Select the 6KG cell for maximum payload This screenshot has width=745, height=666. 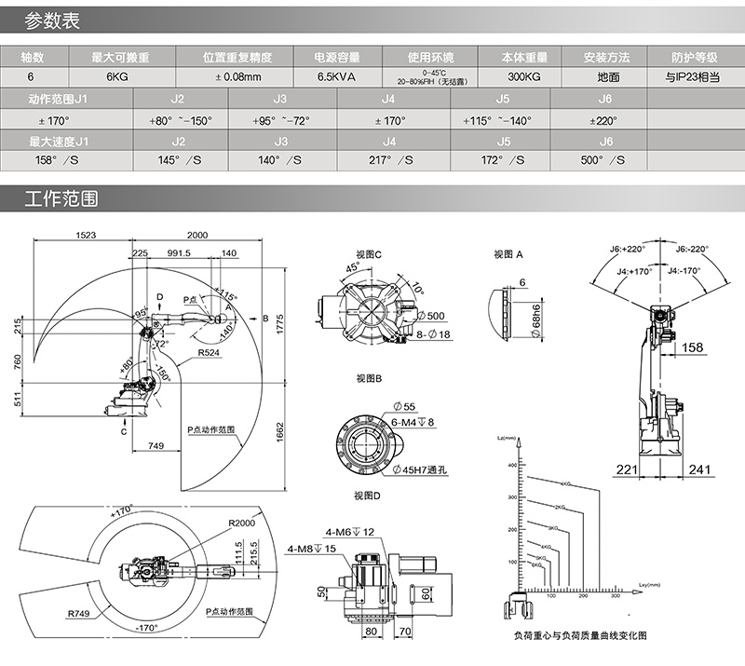coord(117,77)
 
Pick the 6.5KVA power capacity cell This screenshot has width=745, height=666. coord(337,77)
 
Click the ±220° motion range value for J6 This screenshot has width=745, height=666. coord(604,120)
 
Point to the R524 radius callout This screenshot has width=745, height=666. coord(210,354)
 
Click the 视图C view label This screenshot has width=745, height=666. coord(370,253)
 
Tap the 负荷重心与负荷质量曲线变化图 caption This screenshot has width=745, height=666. coord(579,635)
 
